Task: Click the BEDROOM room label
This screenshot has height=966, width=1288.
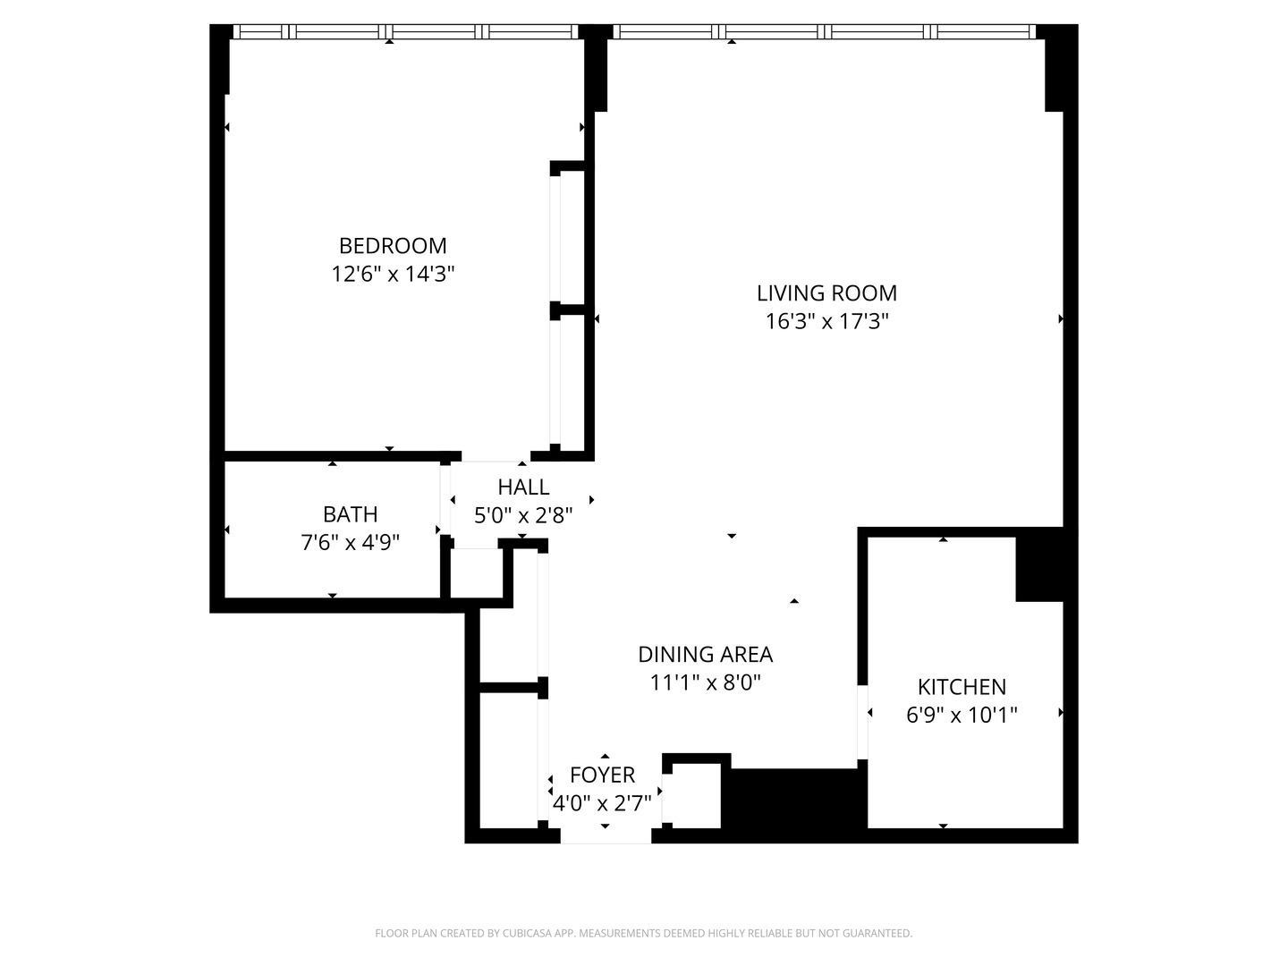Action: (393, 245)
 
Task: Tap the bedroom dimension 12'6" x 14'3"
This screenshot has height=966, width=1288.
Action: (393, 274)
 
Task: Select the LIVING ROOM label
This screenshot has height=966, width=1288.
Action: (826, 292)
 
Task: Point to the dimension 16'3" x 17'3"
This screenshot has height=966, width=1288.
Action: (826, 321)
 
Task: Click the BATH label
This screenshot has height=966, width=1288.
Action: (350, 514)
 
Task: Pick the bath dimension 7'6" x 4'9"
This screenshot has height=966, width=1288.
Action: (350, 542)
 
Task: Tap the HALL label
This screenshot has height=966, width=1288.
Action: (523, 487)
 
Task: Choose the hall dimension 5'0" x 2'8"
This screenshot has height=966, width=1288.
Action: (523, 515)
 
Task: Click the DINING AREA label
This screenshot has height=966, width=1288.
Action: (705, 654)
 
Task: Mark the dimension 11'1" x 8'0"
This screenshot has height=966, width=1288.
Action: (705, 682)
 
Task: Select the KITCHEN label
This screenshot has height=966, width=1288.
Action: (962, 686)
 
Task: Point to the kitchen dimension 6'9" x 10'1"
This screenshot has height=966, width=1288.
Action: (962, 715)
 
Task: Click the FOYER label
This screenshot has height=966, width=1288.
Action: (602, 775)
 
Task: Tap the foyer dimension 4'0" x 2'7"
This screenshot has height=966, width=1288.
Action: (602, 803)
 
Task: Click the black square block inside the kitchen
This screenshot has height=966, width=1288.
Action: (1038, 564)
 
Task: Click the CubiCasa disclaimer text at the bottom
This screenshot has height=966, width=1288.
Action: (643, 933)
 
